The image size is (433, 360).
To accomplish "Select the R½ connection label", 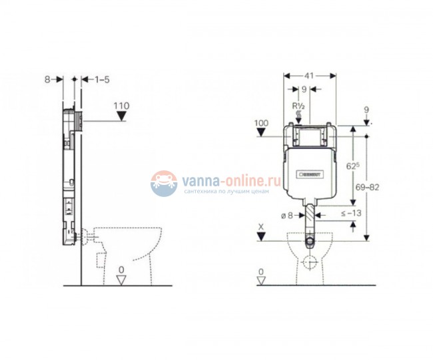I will click(x=298, y=104).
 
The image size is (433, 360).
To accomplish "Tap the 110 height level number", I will click(x=121, y=105).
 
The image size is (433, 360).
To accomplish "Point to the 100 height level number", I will click(x=261, y=124).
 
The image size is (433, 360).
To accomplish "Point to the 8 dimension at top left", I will click(x=48, y=79).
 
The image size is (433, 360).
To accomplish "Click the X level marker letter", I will click(x=261, y=226).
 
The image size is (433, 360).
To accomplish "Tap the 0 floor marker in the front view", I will click(x=261, y=273).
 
